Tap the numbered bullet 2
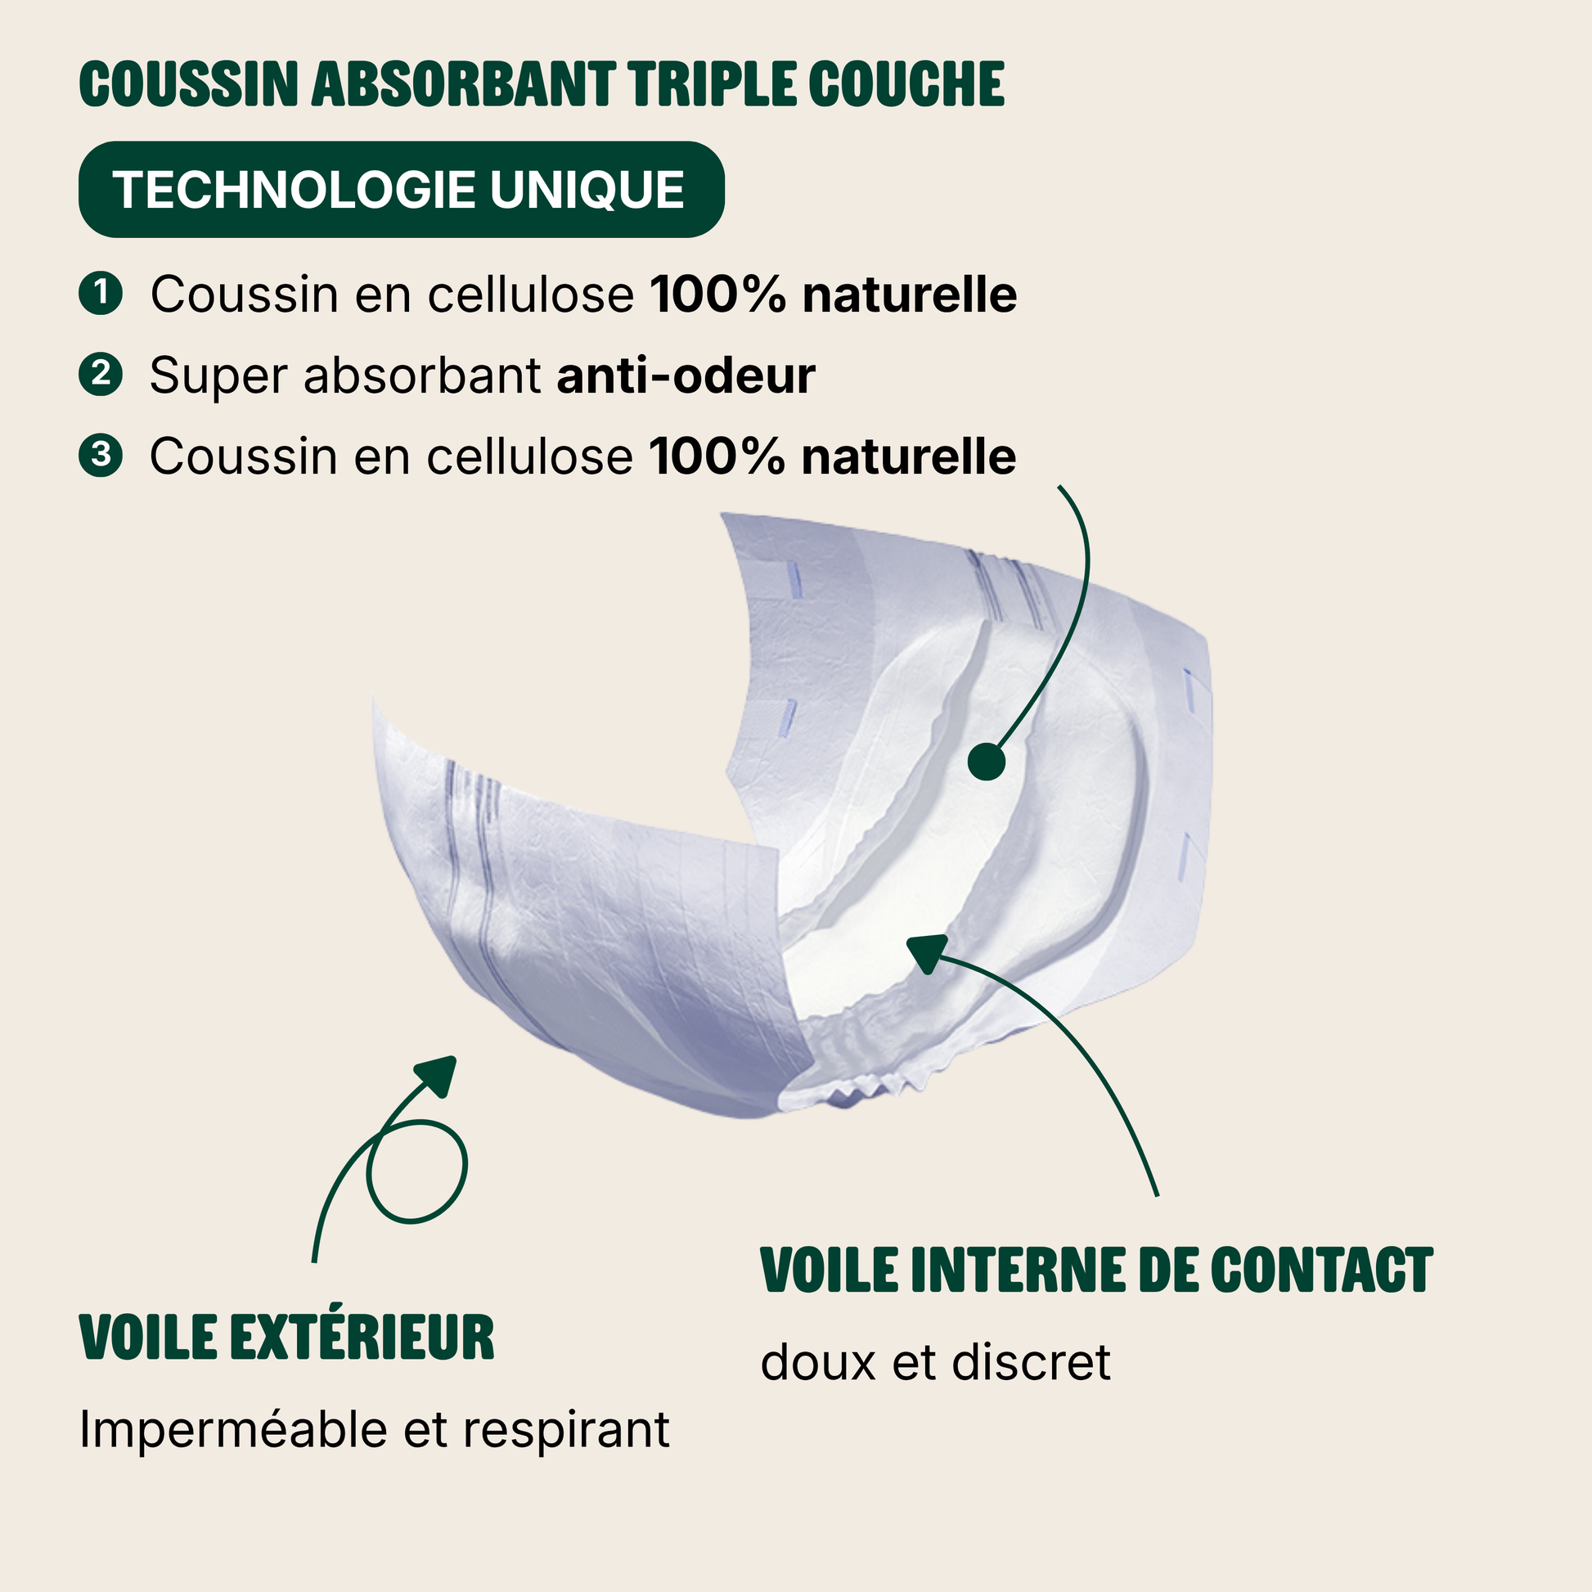click(101, 374)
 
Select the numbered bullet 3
click(101, 455)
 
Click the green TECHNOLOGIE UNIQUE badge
click(402, 190)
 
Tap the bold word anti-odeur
click(686, 375)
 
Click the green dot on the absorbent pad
click(987, 762)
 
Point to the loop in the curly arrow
click(417, 1171)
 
